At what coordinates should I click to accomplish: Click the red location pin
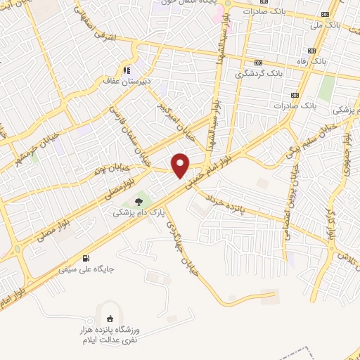[181, 165]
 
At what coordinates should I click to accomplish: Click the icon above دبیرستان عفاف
[127, 70]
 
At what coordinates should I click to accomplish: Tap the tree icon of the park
[138, 200]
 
